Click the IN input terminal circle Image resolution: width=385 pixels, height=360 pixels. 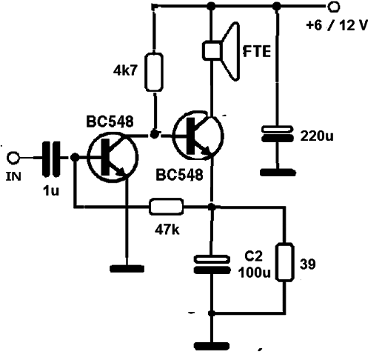(13, 158)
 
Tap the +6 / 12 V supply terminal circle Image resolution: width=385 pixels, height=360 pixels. (334, 7)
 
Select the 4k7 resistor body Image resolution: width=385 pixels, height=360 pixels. (154, 72)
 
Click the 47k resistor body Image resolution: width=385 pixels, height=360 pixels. (166, 206)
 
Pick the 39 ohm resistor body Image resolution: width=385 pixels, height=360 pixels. (285, 262)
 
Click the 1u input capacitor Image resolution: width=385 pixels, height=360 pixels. (51, 159)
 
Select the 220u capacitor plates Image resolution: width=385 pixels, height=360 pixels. (278, 133)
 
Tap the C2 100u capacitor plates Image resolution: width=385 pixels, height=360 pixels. (212, 264)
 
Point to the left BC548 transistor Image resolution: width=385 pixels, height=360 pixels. (113, 157)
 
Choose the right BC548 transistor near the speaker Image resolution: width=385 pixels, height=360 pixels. (198, 135)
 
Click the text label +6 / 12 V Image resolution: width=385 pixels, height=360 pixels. (337, 25)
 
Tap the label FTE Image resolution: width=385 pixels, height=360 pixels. (257, 51)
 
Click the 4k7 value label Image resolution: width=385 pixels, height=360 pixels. (125, 71)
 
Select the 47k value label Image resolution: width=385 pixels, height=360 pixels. (167, 230)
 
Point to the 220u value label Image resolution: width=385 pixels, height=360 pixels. (317, 136)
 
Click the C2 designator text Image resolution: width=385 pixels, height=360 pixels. (253, 256)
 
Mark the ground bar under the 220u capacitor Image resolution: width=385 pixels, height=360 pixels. (278, 173)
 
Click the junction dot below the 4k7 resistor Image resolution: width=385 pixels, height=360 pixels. (154, 135)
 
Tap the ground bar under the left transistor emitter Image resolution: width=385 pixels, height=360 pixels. (127, 269)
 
